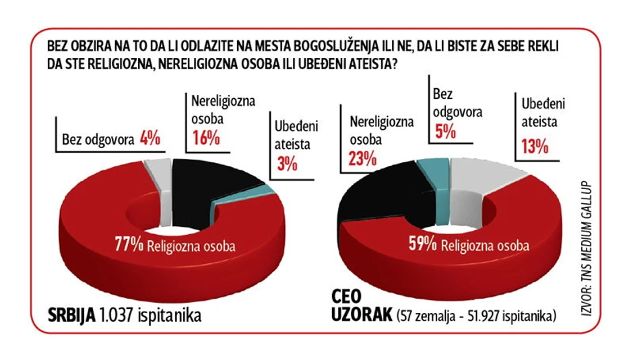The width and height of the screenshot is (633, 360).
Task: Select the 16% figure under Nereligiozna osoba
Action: (x=205, y=139)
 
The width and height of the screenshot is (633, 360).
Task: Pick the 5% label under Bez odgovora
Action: (x=445, y=131)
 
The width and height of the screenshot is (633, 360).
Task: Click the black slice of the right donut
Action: (x=377, y=195)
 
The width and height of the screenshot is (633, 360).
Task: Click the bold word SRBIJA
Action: (x=71, y=315)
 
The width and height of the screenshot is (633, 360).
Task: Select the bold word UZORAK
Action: (x=362, y=316)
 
